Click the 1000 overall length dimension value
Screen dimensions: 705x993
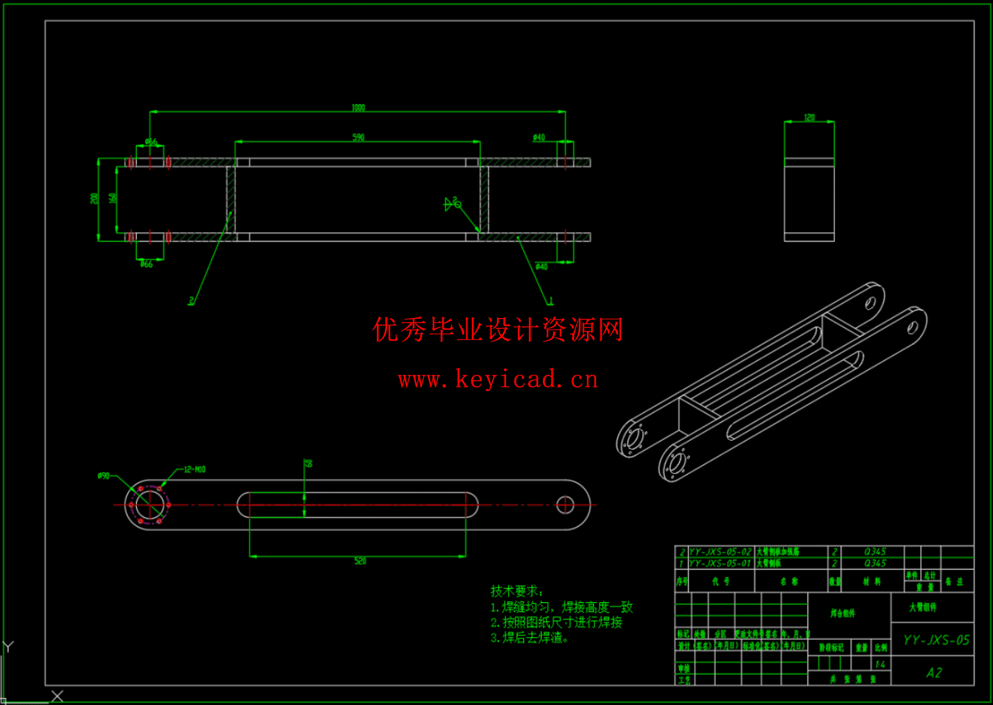coord(358,108)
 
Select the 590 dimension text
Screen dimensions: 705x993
coord(358,137)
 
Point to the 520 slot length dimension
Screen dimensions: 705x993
coord(360,561)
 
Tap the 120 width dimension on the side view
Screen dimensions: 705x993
coord(809,118)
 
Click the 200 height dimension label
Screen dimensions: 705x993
coord(94,198)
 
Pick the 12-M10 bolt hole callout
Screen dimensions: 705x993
coord(194,470)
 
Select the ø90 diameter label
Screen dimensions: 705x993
coord(103,476)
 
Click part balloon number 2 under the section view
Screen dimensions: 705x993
coord(191,301)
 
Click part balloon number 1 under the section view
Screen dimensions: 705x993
coord(551,301)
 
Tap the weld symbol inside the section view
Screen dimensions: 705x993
coord(452,204)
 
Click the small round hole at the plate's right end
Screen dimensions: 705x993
coord(565,504)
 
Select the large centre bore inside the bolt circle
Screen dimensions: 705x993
coord(149,504)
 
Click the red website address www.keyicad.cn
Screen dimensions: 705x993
coord(498,380)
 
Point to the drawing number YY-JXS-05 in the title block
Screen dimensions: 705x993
coord(936,641)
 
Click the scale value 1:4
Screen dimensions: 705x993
coord(880,665)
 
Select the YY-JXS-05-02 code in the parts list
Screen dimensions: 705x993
coord(719,551)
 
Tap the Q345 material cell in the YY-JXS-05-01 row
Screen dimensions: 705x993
coord(875,563)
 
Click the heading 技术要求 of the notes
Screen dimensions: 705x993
coord(517,591)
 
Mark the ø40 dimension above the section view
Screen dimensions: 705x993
coord(539,137)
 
